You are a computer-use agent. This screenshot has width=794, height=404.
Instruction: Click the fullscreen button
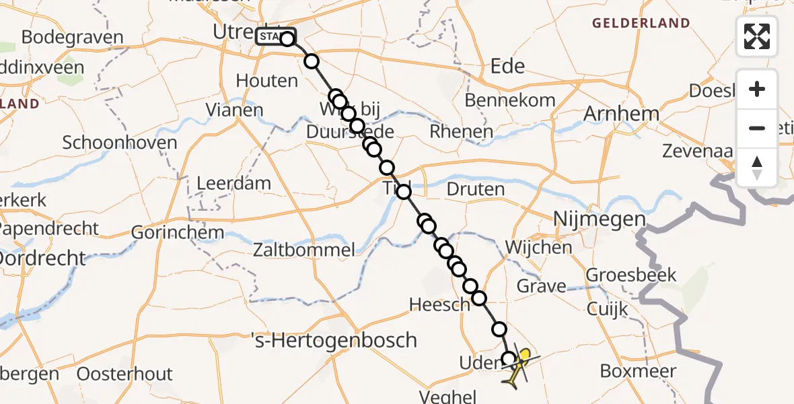(x=757, y=36)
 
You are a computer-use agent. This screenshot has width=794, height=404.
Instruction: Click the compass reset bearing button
(x=757, y=168)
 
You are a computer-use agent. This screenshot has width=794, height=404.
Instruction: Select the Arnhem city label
(x=621, y=114)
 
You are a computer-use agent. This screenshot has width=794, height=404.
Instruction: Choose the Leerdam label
(x=233, y=183)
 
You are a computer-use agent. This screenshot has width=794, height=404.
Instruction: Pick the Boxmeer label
(x=633, y=371)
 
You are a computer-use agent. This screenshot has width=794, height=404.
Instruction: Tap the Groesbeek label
(x=631, y=275)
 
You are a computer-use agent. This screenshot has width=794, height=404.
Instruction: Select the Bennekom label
(x=511, y=101)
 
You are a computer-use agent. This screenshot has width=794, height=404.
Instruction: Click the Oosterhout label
(x=124, y=374)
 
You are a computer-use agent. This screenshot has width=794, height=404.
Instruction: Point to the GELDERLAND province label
(x=641, y=24)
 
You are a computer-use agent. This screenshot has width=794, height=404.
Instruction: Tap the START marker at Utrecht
(x=275, y=36)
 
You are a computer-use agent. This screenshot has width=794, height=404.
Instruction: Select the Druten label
(x=475, y=189)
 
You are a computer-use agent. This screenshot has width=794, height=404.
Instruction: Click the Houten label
(x=266, y=81)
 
